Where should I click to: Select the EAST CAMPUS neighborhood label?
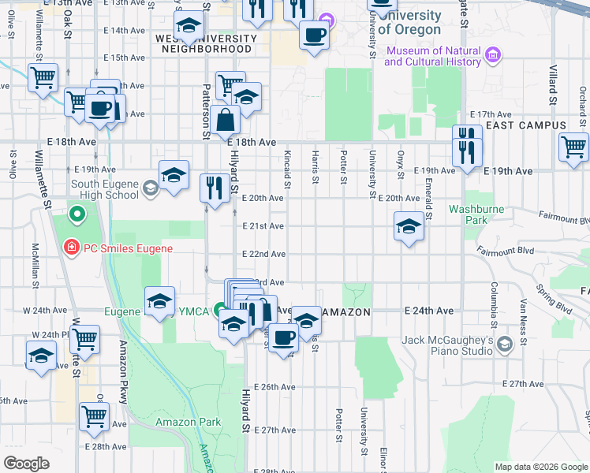(x=526, y=125)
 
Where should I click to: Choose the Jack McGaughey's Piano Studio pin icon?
(x=523, y=342)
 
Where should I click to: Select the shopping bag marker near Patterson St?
(x=226, y=121)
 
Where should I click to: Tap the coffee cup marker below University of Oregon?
(x=315, y=35)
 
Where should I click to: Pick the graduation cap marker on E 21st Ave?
(x=408, y=227)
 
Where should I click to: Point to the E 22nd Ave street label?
(x=263, y=254)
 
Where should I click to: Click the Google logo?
(x=26, y=464)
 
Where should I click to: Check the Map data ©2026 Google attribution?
(x=540, y=467)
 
